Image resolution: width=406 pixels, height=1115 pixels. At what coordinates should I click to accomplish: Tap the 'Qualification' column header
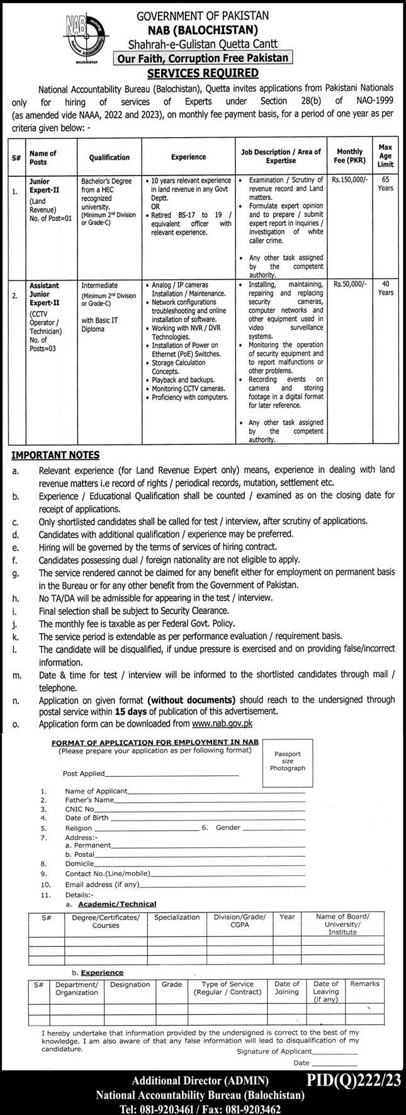point(110,157)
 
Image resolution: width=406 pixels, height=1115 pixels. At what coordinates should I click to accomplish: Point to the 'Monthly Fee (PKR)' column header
point(350,155)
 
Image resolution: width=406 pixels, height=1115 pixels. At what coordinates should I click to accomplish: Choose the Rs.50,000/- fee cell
point(350,285)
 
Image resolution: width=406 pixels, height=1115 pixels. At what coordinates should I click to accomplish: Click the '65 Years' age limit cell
point(385,184)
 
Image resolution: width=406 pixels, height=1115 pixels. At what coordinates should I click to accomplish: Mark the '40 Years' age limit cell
point(385,288)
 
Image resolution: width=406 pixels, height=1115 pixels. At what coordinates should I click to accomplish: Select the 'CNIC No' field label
point(79,809)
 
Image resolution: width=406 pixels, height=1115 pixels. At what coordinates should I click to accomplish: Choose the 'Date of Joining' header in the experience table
point(287,988)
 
